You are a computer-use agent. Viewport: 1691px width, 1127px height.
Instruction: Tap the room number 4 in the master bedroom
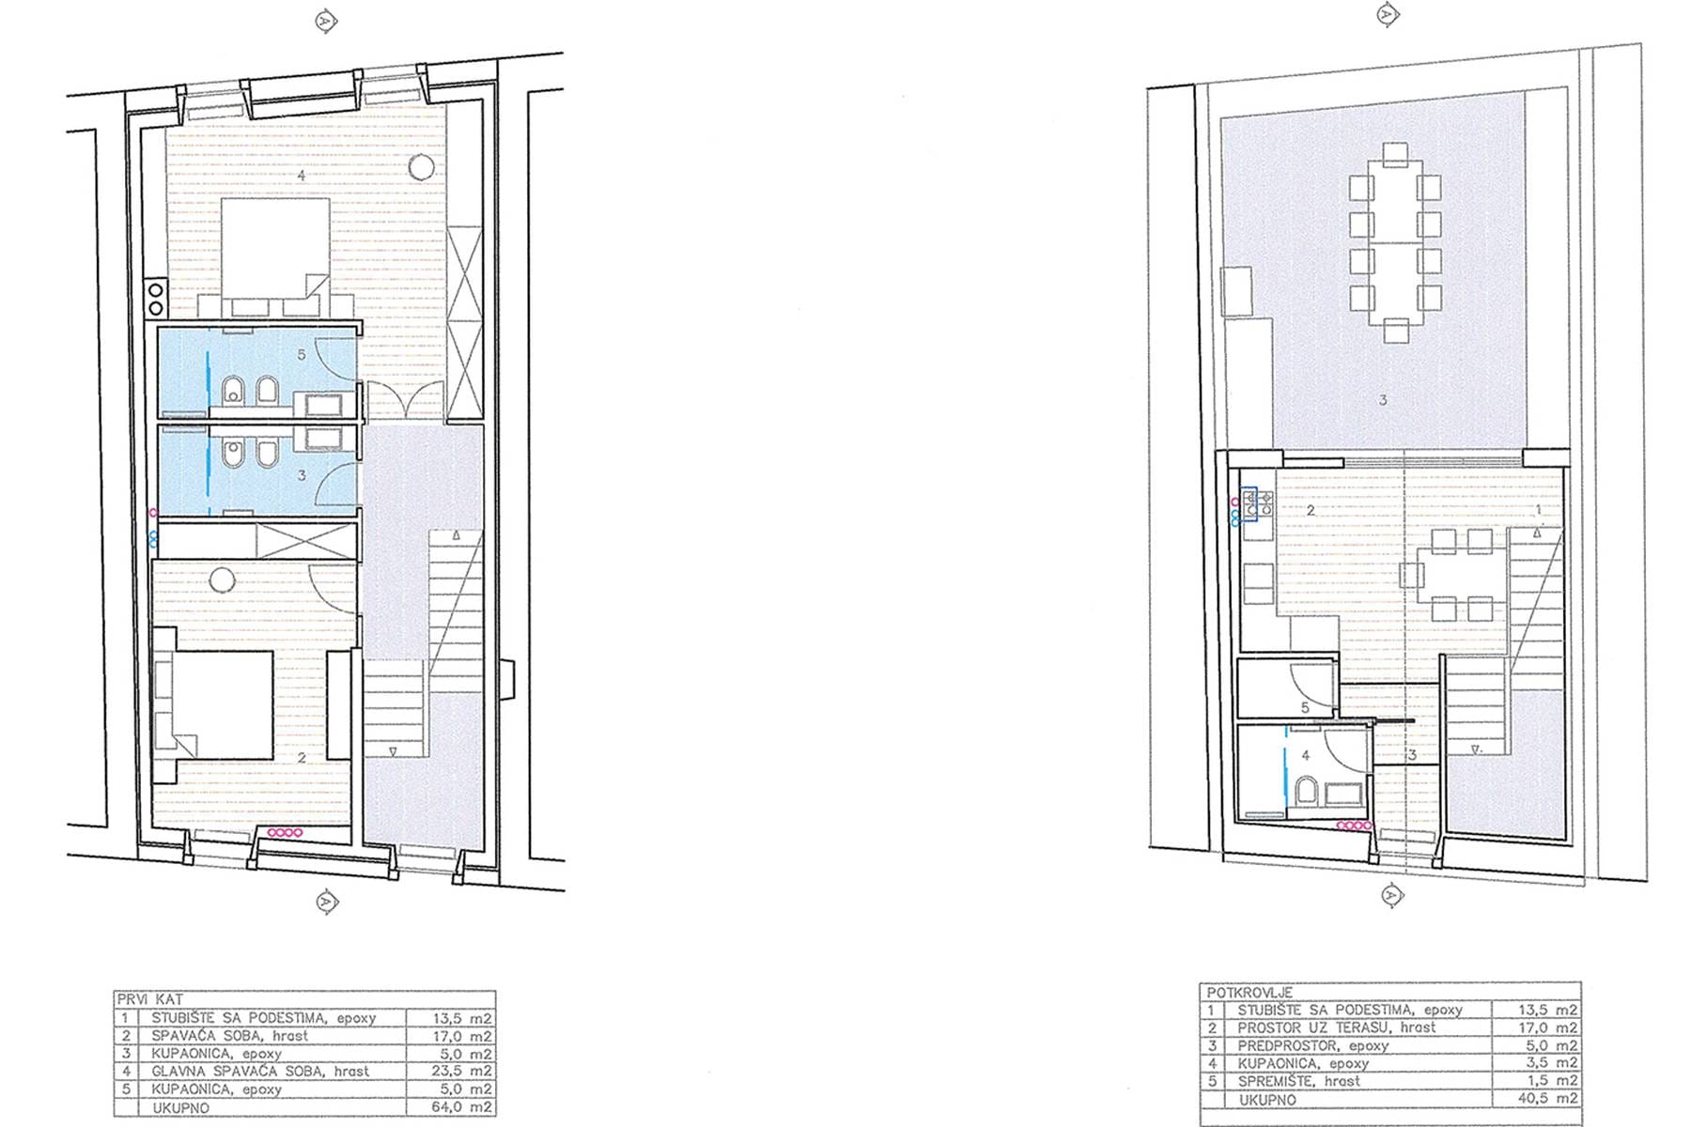point(301,175)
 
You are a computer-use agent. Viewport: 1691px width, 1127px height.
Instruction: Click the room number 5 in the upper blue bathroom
point(301,355)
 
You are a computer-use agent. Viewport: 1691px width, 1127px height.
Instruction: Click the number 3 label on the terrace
point(1383,400)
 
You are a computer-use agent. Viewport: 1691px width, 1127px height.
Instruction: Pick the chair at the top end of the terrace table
point(1396,151)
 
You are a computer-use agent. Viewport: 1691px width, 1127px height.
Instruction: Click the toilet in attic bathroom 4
point(1306,791)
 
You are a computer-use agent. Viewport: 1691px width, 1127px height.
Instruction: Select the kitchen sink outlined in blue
point(1250,503)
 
